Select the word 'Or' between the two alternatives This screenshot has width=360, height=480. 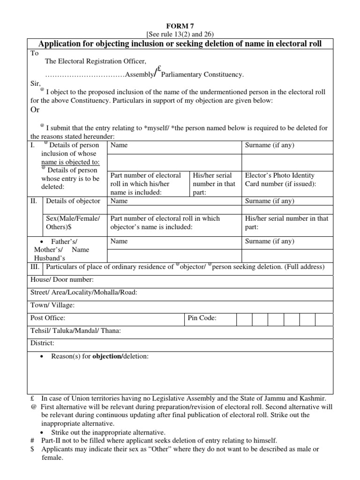35,109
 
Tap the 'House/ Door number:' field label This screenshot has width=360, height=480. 62,280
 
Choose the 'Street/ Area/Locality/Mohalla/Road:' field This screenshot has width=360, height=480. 83,292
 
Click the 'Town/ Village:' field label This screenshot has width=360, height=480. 52,305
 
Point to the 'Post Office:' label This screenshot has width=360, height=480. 48,318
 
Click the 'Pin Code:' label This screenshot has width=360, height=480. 202,318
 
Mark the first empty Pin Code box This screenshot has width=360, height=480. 244,319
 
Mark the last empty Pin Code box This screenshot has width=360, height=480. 323,319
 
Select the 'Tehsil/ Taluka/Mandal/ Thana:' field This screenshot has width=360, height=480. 75,330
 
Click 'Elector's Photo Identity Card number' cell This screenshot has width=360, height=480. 281,180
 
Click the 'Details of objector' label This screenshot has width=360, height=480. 73,201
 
